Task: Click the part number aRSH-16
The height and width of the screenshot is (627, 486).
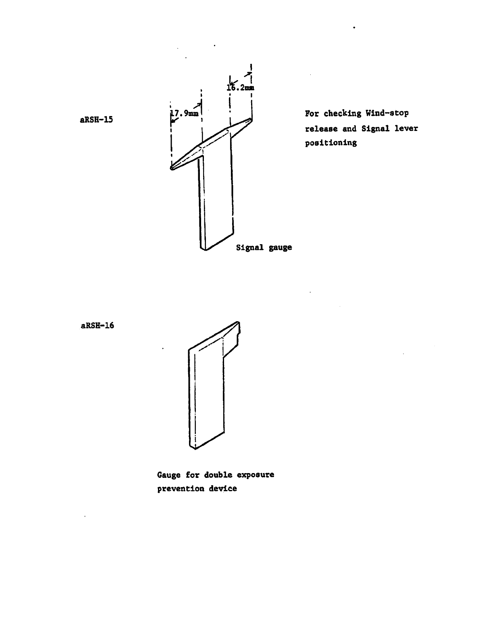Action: pyautogui.click(x=97, y=326)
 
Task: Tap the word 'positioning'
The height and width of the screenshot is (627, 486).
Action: pyautogui.click(x=331, y=143)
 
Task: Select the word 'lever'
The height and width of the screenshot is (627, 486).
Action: pyautogui.click(x=406, y=129)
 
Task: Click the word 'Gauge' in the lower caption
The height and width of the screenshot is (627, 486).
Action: pyautogui.click(x=169, y=475)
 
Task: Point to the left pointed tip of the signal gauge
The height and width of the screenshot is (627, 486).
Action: pyautogui.click(x=172, y=167)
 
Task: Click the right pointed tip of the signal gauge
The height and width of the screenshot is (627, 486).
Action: pyautogui.click(x=251, y=119)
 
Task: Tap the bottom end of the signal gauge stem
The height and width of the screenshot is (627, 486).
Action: pyautogui.click(x=206, y=248)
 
